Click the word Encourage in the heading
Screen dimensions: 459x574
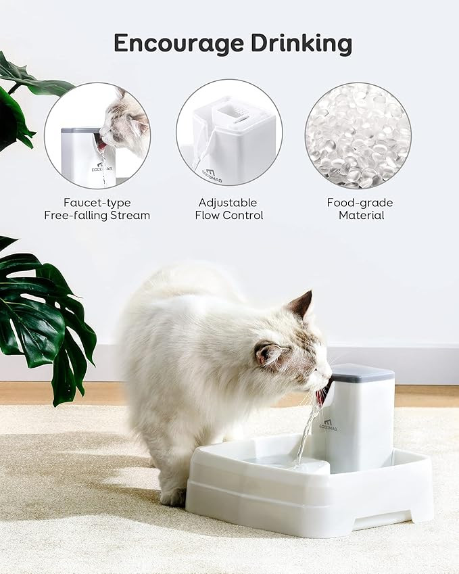tap(178, 43)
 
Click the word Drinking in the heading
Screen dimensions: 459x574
tap(301, 43)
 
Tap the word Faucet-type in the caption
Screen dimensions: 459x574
tap(97, 202)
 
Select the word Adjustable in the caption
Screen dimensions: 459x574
tap(228, 202)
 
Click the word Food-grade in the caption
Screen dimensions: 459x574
tap(360, 202)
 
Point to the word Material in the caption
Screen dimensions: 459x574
tap(361, 215)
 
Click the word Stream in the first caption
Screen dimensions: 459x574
tap(130, 215)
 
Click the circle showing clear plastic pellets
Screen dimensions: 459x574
tap(358, 135)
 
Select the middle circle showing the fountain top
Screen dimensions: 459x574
tap(229, 133)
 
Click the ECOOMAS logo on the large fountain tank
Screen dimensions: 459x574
tap(328, 425)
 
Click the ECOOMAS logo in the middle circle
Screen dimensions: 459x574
tap(212, 175)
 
